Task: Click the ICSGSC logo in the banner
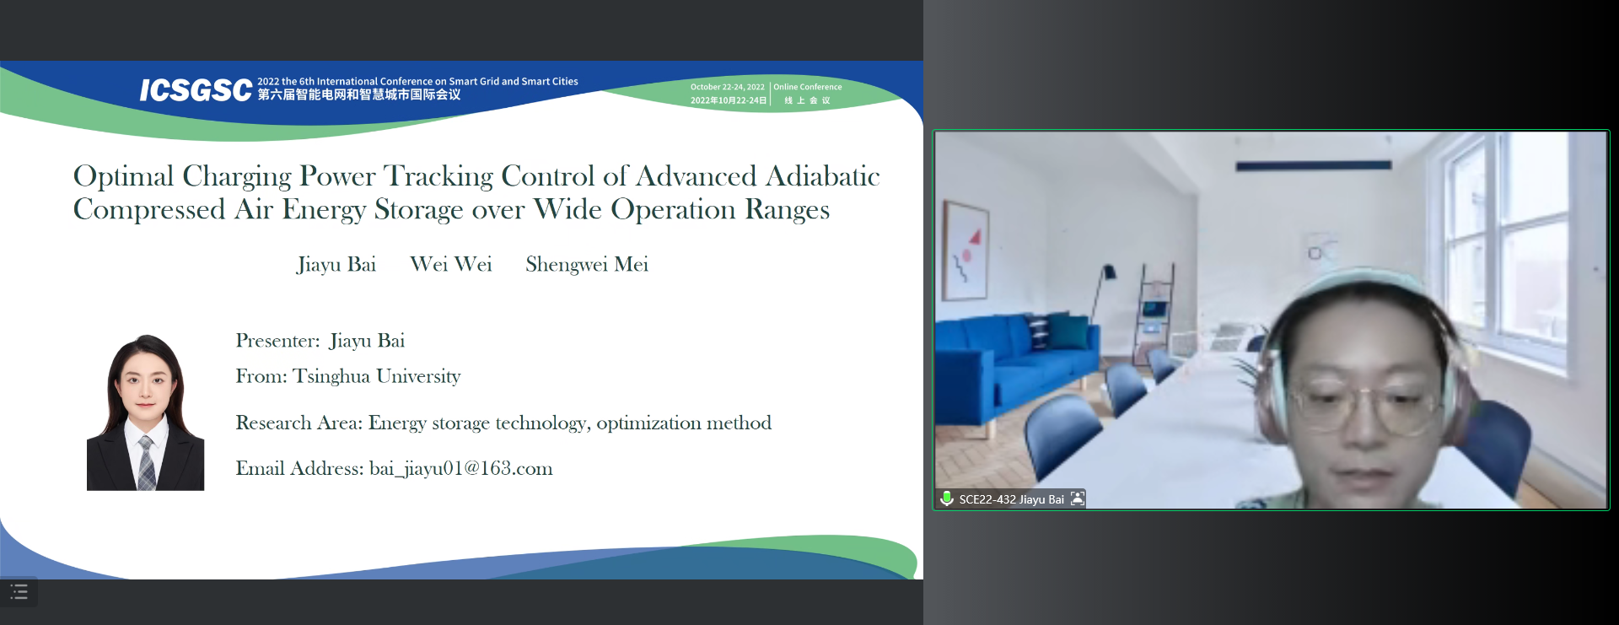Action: pos(196,89)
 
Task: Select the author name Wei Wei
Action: pos(451,264)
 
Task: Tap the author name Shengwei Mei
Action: pos(587,265)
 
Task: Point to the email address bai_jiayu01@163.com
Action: pos(461,469)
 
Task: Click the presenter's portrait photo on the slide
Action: pos(145,412)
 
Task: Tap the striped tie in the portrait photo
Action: pos(147,463)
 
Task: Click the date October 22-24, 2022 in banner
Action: pos(727,87)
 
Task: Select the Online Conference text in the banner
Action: pos(808,87)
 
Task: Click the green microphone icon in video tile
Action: pos(947,498)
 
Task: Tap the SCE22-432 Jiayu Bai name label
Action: pos(1011,499)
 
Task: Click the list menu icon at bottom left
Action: pos(19,592)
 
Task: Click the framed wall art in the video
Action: pos(965,250)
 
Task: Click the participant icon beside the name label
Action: pos(1078,498)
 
